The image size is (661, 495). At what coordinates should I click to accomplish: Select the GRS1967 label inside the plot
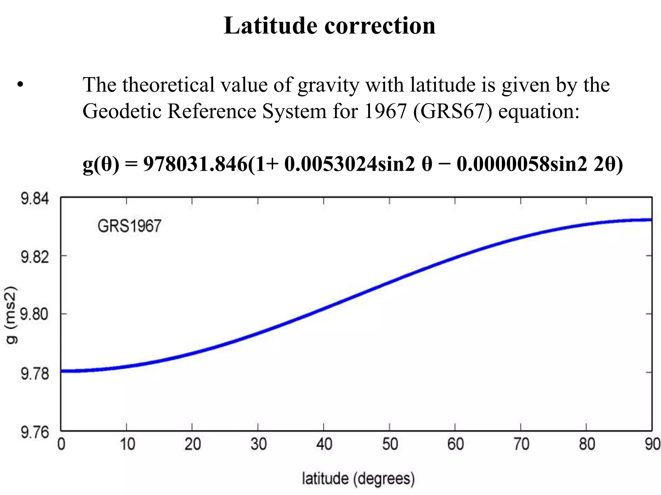point(129,226)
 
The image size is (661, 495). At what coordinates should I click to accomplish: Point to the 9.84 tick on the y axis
point(35,199)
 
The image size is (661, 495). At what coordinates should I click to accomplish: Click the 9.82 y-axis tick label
point(35,257)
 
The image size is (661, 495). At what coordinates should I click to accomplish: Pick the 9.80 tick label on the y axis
point(35,315)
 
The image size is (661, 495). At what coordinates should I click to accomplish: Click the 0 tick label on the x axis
point(61,444)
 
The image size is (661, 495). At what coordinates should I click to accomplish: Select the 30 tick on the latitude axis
point(258,444)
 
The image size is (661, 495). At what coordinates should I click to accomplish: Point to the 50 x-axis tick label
point(390,444)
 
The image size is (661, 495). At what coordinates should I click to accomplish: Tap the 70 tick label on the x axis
point(521,444)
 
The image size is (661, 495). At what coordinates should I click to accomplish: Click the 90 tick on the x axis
point(652,444)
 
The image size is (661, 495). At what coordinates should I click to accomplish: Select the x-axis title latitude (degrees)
point(358,479)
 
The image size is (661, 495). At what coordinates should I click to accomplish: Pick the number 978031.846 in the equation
point(195,164)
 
